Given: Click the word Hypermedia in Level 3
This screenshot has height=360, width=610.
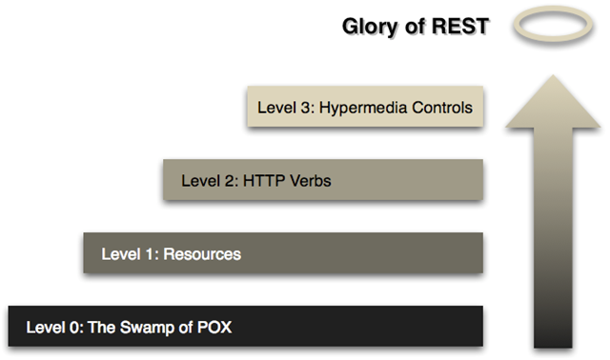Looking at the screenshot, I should point(363,108).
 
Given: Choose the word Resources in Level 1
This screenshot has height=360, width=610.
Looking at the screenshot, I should point(204,254).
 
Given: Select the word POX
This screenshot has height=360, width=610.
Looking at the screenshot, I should point(213,329).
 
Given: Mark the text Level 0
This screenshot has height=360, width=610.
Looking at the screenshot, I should point(51,329).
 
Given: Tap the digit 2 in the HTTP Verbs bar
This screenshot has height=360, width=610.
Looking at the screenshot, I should point(225,180).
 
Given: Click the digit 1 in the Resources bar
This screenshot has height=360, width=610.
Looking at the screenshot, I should point(146,254).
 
